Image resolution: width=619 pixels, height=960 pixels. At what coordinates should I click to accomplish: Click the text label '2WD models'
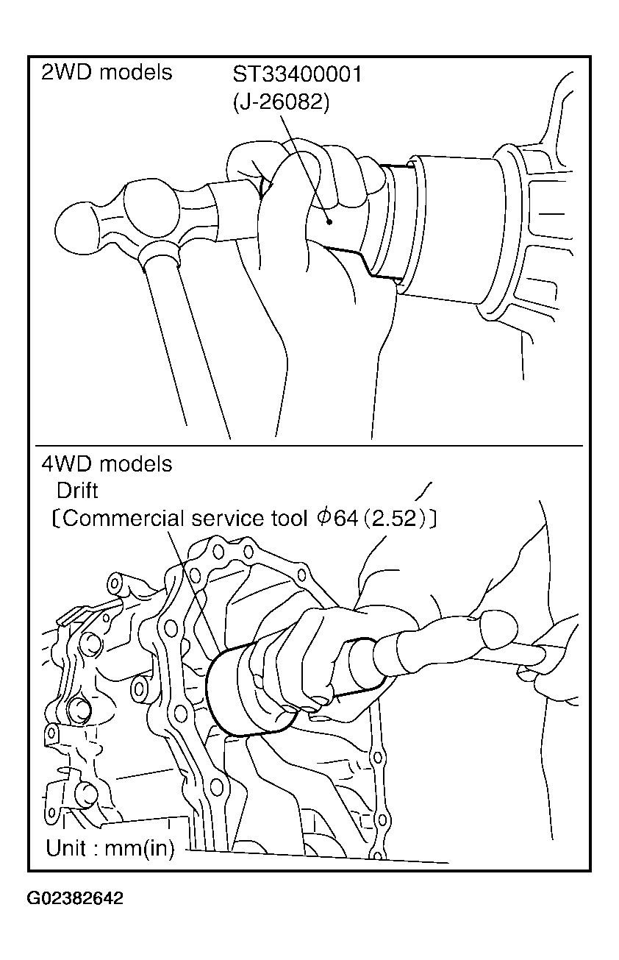coord(107,72)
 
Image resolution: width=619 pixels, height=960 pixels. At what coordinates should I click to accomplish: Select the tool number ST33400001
coord(297,74)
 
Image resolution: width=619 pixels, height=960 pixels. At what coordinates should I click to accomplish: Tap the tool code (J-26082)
coord(281,102)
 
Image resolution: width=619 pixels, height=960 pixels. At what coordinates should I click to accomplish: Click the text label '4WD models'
coord(107,464)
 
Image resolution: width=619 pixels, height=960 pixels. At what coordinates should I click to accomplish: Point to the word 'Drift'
coord(77,491)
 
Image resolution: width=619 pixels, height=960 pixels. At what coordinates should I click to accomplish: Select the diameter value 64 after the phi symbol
coord(346,519)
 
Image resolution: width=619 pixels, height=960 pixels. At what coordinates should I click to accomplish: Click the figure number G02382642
coord(75,898)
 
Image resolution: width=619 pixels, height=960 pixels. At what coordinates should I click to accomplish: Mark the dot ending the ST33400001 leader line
coord(329,221)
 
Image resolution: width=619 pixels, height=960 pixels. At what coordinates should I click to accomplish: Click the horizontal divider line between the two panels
coord(309,446)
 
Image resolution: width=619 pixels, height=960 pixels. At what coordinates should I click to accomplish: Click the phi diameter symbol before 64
coord(324,518)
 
